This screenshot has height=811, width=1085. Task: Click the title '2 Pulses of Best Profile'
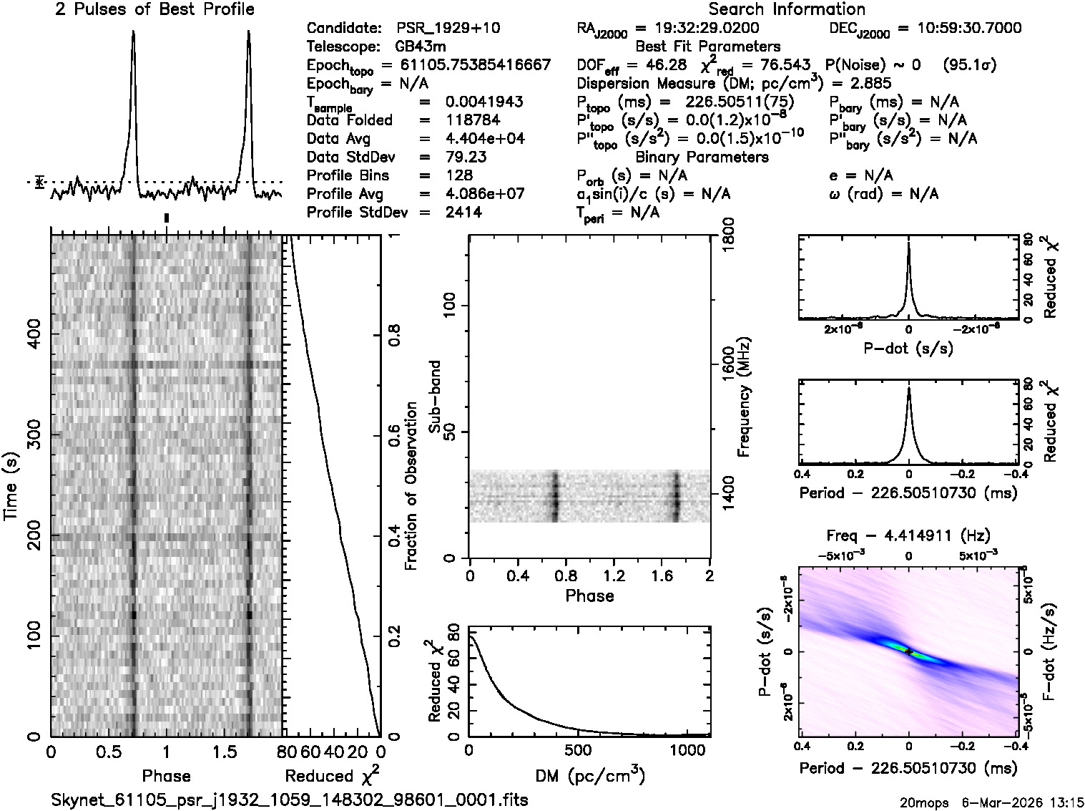[x=154, y=9]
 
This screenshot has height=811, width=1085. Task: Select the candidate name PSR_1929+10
[x=448, y=29]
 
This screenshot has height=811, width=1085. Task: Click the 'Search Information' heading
[x=786, y=9]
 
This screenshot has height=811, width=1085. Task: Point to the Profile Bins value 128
[x=458, y=175]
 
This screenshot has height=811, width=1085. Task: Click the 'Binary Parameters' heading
[x=702, y=157]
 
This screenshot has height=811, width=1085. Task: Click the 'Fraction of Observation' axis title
[x=411, y=486]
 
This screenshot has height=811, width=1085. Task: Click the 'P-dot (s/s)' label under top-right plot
[x=908, y=349]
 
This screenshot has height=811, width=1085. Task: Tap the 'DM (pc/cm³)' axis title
[x=589, y=775]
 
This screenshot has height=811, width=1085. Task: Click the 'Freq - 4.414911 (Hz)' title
[x=908, y=535]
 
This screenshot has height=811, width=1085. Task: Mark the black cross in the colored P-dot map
[x=908, y=652]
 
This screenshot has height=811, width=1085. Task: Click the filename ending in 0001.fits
[x=290, y=800]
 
